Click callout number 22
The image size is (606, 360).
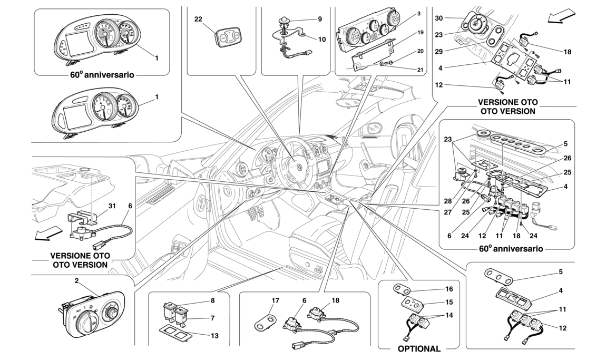click(198, 20)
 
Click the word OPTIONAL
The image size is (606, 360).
click(419, 348)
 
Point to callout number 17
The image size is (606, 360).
click(275, 301)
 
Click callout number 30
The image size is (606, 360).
click(439, 17)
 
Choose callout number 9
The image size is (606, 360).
click(319, 20)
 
